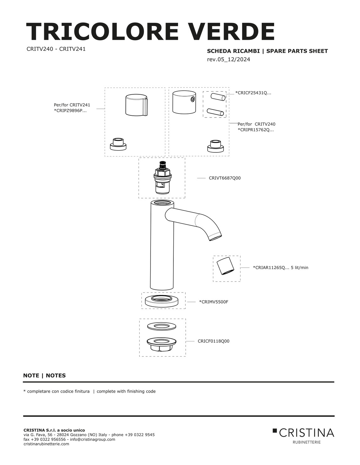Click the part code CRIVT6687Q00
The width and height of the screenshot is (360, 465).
225,178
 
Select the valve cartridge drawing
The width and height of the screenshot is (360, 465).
162,178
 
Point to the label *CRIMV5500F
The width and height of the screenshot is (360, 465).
214,302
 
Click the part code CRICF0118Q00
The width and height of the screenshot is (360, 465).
214,341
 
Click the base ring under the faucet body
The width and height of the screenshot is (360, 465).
162,301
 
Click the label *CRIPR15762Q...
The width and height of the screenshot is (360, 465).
256,130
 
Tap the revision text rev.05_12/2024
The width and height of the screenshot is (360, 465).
229,60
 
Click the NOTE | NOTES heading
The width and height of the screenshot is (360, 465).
45,376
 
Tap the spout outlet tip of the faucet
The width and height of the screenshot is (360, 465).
216,237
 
